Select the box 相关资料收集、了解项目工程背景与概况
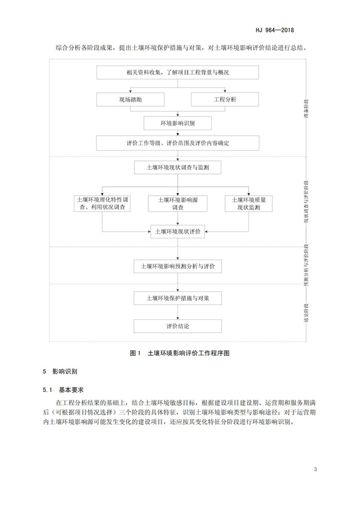pyautogui.click(x=178, y=73)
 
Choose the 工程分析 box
pyautogui.click(x=226, y=98)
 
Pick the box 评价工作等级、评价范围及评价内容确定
pyautogui.click(x=178, y=143)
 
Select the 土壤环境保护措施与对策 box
pyautogui.click(x=178, y=298)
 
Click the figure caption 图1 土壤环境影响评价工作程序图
pyautogui.click(x=180, y=354)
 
